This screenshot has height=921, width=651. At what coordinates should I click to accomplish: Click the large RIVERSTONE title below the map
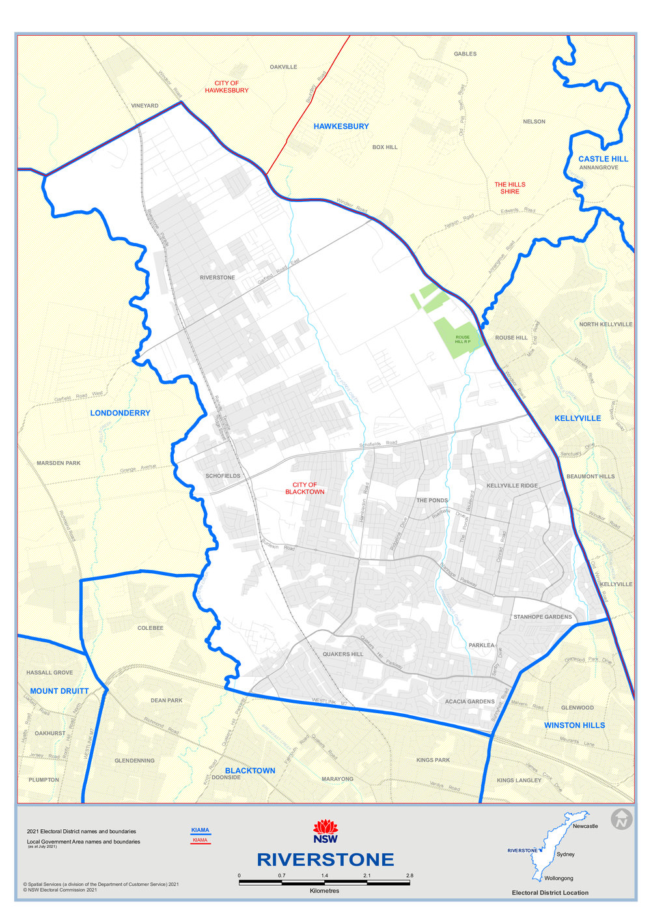point(325,860)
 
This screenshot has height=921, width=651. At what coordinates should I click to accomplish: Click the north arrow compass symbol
point(622,819)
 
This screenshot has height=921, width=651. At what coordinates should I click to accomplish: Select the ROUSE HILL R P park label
point(462,339)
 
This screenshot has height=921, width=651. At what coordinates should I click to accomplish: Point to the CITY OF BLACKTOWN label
point(305,489)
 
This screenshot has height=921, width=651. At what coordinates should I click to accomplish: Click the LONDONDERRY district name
point(120,413)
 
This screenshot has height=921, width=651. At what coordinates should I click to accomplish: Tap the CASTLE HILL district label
point(603,159)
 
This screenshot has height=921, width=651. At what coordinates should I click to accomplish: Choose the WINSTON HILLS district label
point(574,725)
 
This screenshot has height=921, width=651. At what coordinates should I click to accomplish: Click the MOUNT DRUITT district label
point(59,691)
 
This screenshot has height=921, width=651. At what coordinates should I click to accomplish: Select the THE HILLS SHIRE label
point(510,188)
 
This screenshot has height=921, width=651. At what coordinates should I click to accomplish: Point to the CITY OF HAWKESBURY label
point(227,87)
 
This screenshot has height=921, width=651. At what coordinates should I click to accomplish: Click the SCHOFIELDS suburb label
point(223,476)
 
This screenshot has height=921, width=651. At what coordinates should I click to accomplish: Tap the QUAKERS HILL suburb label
point(343,654)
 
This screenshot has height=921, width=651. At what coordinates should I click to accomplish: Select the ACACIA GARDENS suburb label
point(470,701)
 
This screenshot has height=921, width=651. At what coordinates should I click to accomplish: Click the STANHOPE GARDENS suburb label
point(542,617)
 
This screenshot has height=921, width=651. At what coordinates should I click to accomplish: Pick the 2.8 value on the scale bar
point(409,875)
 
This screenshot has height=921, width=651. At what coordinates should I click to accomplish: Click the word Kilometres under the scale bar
point(324,891)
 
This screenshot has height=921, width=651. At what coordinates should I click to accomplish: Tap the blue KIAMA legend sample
point(201,830)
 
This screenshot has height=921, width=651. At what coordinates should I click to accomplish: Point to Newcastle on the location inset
point(585,826)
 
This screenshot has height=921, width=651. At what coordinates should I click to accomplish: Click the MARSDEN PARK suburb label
point(59,463)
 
